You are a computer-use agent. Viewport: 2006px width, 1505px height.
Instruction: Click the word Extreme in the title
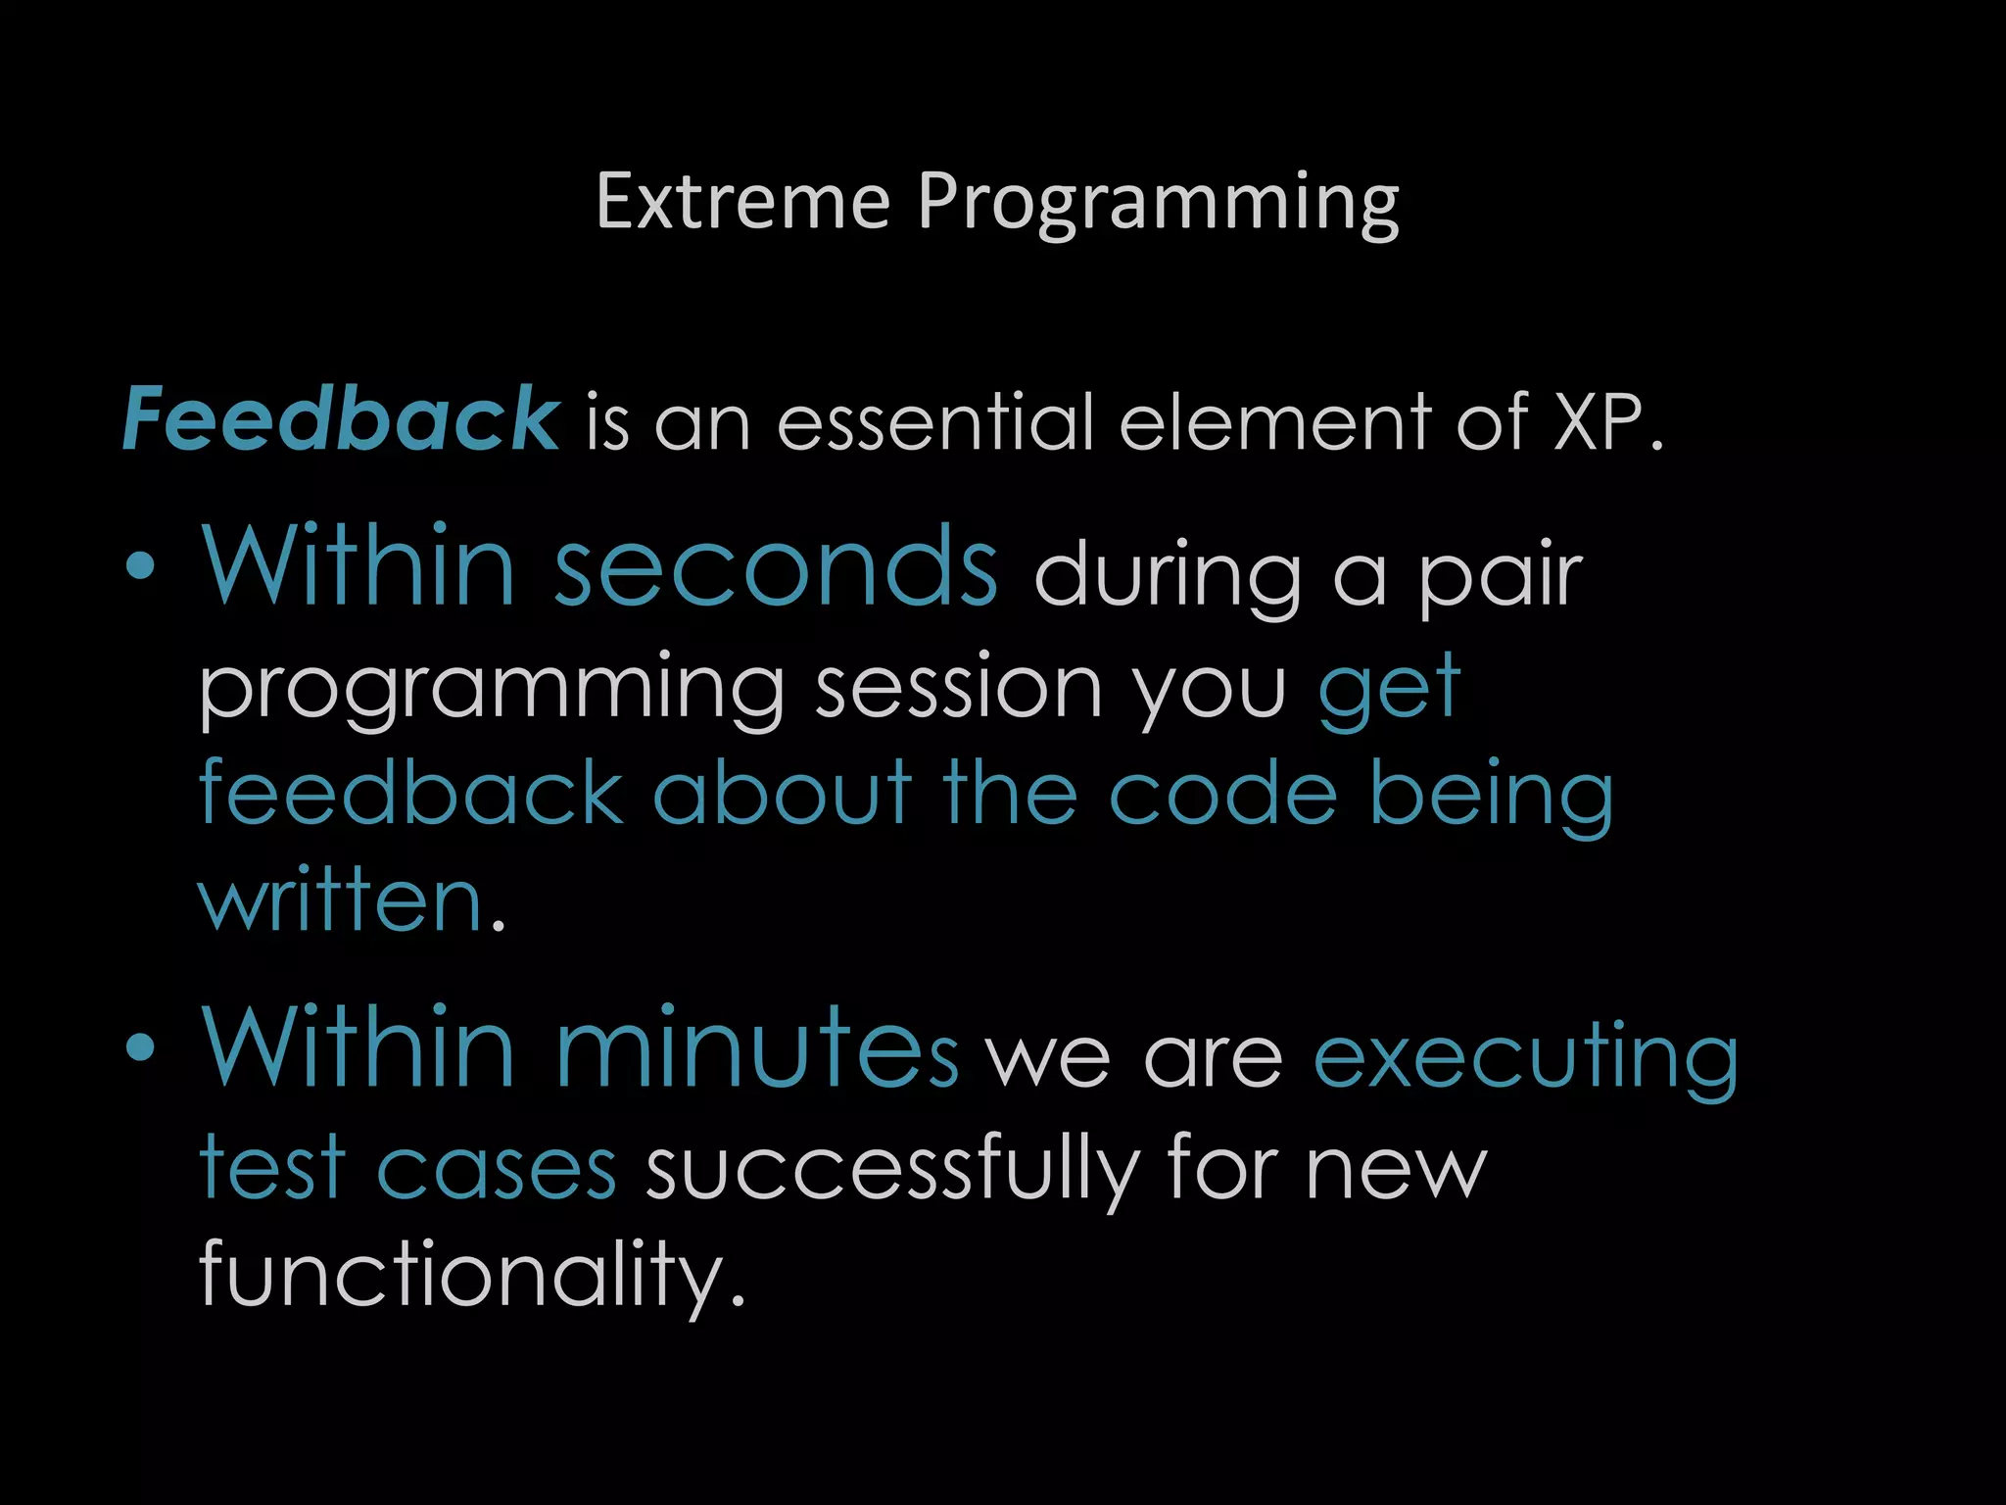[x=742, y=202]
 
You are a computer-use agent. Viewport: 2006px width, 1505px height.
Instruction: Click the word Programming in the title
[x=1158, y=204]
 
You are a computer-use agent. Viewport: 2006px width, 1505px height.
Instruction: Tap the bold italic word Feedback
[x=341, y=419]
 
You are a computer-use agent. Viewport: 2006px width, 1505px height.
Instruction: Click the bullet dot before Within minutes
[x=141, y=1048]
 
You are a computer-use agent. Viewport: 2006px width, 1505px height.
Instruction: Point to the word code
[x=1221, y=794]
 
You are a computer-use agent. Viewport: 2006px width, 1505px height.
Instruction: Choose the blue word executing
[x=1525, y=1058]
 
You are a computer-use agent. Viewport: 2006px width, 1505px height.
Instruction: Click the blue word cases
[x=496, y=1168]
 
